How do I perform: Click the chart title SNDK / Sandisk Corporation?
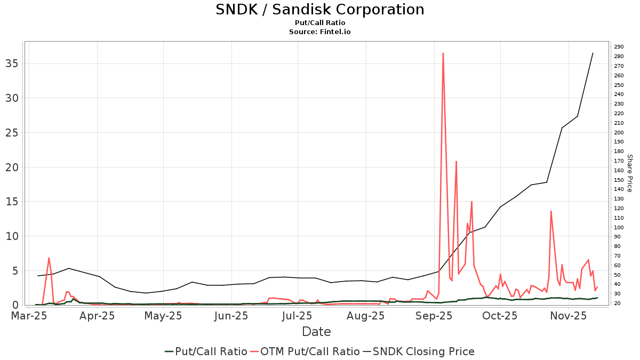tap(320, 10)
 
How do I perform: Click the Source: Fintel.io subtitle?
tap(320, 32)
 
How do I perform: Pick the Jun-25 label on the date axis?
tap(230, 316)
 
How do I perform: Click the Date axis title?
tap(316, 332)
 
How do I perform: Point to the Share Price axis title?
tap(629, 173)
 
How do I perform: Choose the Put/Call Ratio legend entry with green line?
tap(206, 351)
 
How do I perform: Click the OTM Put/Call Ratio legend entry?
tap(306, 351)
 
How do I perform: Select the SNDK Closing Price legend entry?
tap(419, 351)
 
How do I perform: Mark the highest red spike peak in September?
tap(443, 53)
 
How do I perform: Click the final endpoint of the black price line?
tap(593, 53)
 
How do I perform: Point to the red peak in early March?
tap(49, 258)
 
